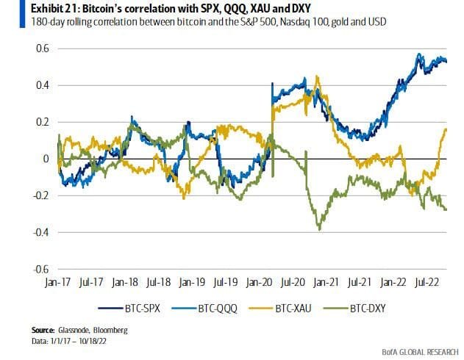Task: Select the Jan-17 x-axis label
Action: [x=57, y=281]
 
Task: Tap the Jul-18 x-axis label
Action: [x=159, y=281]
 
